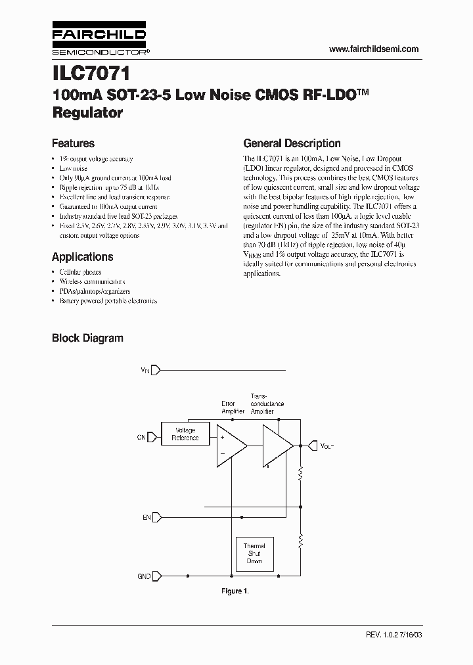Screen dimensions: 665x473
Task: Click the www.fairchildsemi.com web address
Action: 373,49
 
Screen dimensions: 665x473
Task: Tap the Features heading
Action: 73,143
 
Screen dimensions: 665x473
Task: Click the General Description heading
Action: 292,143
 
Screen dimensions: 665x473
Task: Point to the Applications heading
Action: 82,257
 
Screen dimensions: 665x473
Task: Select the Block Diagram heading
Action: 87,338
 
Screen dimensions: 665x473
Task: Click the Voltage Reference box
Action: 185,434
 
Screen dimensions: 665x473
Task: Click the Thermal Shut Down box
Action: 254,553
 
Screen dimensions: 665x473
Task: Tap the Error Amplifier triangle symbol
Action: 229,446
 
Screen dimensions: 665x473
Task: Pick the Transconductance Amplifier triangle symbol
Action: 276,446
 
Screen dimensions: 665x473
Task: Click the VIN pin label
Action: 145,371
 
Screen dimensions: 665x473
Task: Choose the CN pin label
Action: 141,436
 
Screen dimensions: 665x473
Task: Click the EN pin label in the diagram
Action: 146,518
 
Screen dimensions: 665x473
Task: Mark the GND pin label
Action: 143,576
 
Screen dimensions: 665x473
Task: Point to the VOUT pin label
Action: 327,446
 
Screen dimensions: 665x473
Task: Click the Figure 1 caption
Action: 235,591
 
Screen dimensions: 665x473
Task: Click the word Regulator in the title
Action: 87,112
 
